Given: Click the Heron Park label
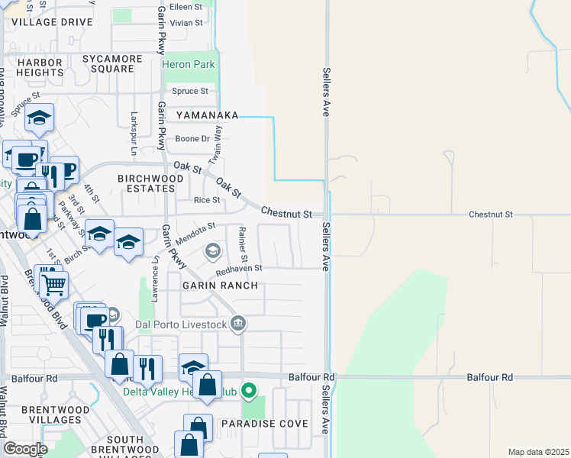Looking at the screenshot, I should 189,65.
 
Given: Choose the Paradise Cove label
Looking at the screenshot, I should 264,424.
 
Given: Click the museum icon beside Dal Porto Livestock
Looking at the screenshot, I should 238,324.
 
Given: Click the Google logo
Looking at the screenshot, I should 24,449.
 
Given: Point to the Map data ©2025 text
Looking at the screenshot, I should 538,452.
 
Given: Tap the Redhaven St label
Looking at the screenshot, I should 238,269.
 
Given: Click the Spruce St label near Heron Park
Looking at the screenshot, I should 190,92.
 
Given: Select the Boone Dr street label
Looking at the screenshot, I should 192,139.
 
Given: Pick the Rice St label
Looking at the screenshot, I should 207,201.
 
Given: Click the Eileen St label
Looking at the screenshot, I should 186,6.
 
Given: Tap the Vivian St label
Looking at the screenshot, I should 186,23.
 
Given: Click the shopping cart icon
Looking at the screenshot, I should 53,285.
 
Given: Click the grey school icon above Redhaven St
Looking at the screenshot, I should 213,250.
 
